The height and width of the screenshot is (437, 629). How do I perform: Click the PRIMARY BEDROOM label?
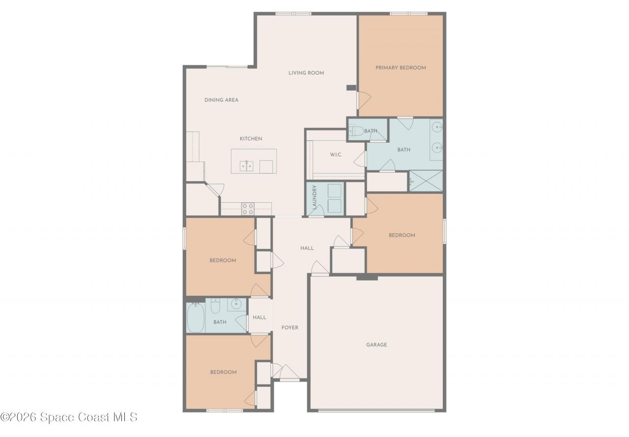tap(400, 68)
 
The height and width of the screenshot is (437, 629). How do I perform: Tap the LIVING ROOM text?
tap(306, 73)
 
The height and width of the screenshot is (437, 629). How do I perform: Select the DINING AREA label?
tap(221, 100)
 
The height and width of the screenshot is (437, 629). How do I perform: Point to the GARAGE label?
tap(376, 345)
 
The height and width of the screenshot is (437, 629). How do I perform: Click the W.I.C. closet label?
tap(336, 155)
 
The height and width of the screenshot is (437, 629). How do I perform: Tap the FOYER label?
tap(289, 328)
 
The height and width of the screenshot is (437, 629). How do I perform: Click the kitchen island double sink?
tap(246, 166)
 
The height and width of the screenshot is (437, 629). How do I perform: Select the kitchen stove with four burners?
tap(248, 209)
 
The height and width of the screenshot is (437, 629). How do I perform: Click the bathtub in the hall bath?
tap(195, 317)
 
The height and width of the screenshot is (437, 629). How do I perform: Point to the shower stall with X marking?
tap(426, 181)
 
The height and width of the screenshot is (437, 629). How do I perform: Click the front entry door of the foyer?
tap(289, 373)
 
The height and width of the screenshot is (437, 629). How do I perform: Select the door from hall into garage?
tap(320, 269)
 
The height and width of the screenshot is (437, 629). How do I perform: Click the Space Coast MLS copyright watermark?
tap(69, 417)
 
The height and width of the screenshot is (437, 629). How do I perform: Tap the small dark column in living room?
tap(351, 88)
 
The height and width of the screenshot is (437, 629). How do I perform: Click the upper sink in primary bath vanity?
tap(437, 127)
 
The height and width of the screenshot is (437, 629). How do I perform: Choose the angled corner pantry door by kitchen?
tap(215, 189)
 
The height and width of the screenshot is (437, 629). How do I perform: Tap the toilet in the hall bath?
tap(215, 307)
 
